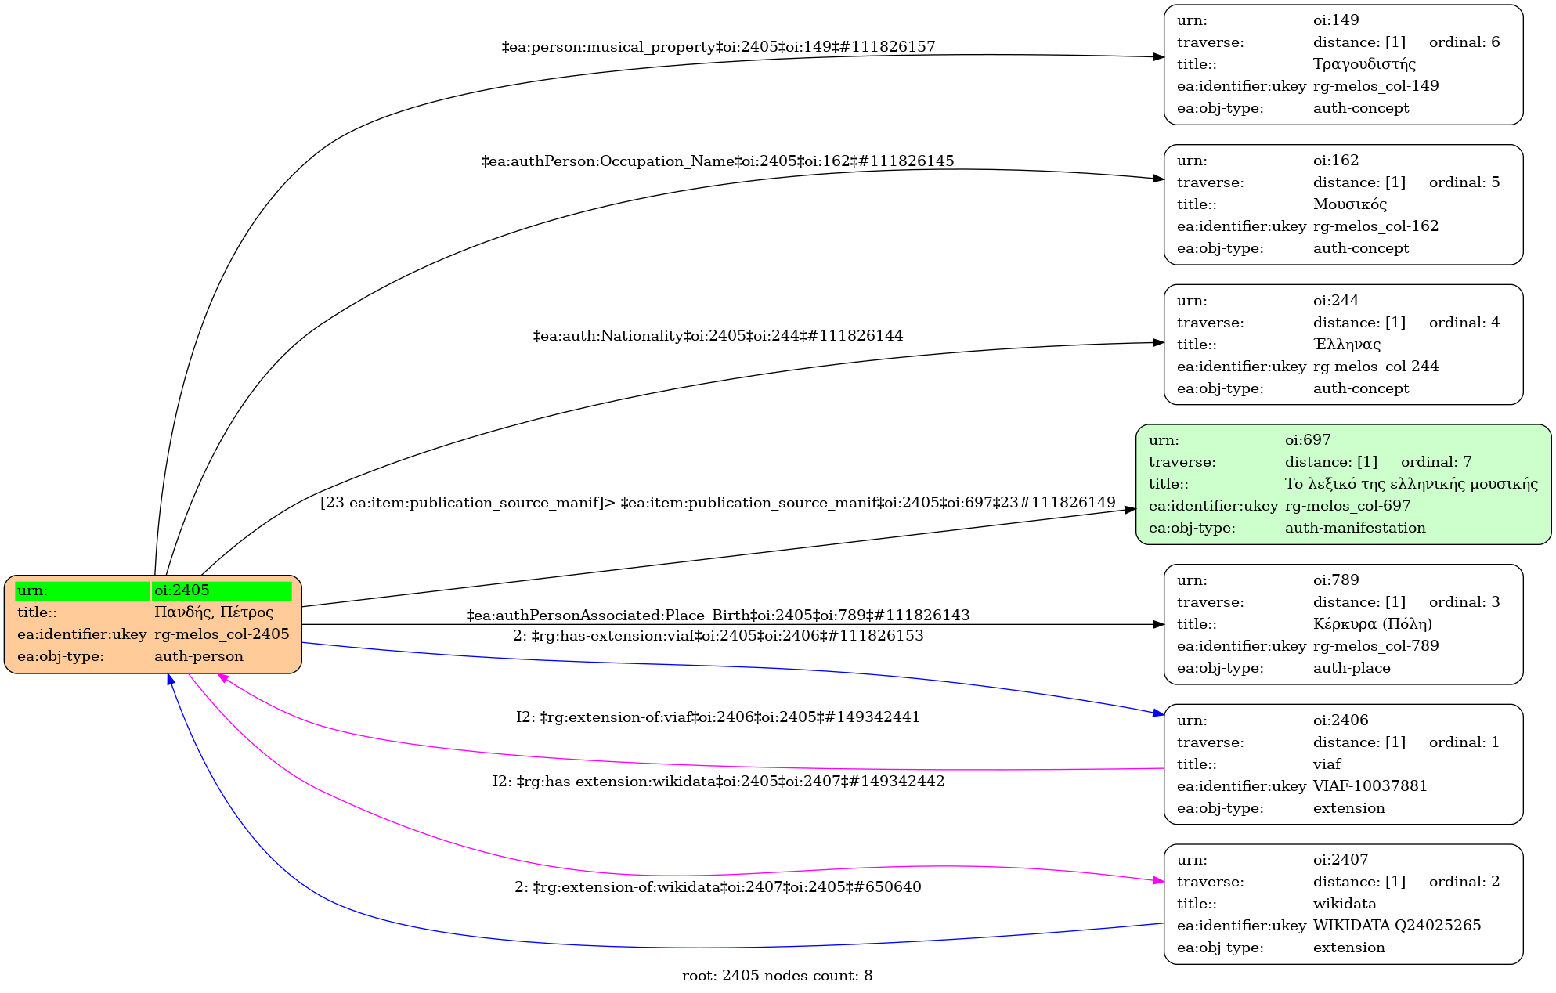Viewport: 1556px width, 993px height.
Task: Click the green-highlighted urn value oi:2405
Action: pyautogui.click(x=182, y=590)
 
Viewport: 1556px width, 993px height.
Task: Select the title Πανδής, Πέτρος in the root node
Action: pyautogui.click(x=214, y=612)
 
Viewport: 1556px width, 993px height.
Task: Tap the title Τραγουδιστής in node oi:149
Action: pyautogui.click(x=1364, y=64)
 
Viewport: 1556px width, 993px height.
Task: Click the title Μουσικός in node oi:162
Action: pyautogui.click(x=1350, y=204)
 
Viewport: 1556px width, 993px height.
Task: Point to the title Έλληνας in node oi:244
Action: pyautogui.click(x=1347, y=345)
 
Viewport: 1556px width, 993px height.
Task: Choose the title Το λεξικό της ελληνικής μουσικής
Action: pyautogui.click(x=1411, y=484)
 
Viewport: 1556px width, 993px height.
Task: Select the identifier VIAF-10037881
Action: pyautogui.click(x=1370, y=786)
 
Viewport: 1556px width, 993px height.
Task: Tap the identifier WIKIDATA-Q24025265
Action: pyautogui.click(x=1397, y=926)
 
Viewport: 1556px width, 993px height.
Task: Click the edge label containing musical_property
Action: pyautogui.click(x=718, y=47)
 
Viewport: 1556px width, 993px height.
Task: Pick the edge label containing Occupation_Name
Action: pyautogui.click(x=717, y=161)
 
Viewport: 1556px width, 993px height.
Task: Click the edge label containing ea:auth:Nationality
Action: pyautogui.click(x=718, y=336)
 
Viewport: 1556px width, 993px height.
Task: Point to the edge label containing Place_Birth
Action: pyautogui.click(x=718, y=616)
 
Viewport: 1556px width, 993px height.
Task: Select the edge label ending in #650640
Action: pyautogui.click(x=718, y=887)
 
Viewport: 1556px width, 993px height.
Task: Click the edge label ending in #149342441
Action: pyautogui.click(x=718, y=717)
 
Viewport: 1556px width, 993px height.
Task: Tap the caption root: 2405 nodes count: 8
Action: pyautogui.click(x=778, y=976)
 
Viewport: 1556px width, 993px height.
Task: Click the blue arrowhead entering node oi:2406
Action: pyautogui.click(x=1159, y=713)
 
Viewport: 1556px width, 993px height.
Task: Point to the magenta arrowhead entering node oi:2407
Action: pyautogui.click(x=1159, y=881)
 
